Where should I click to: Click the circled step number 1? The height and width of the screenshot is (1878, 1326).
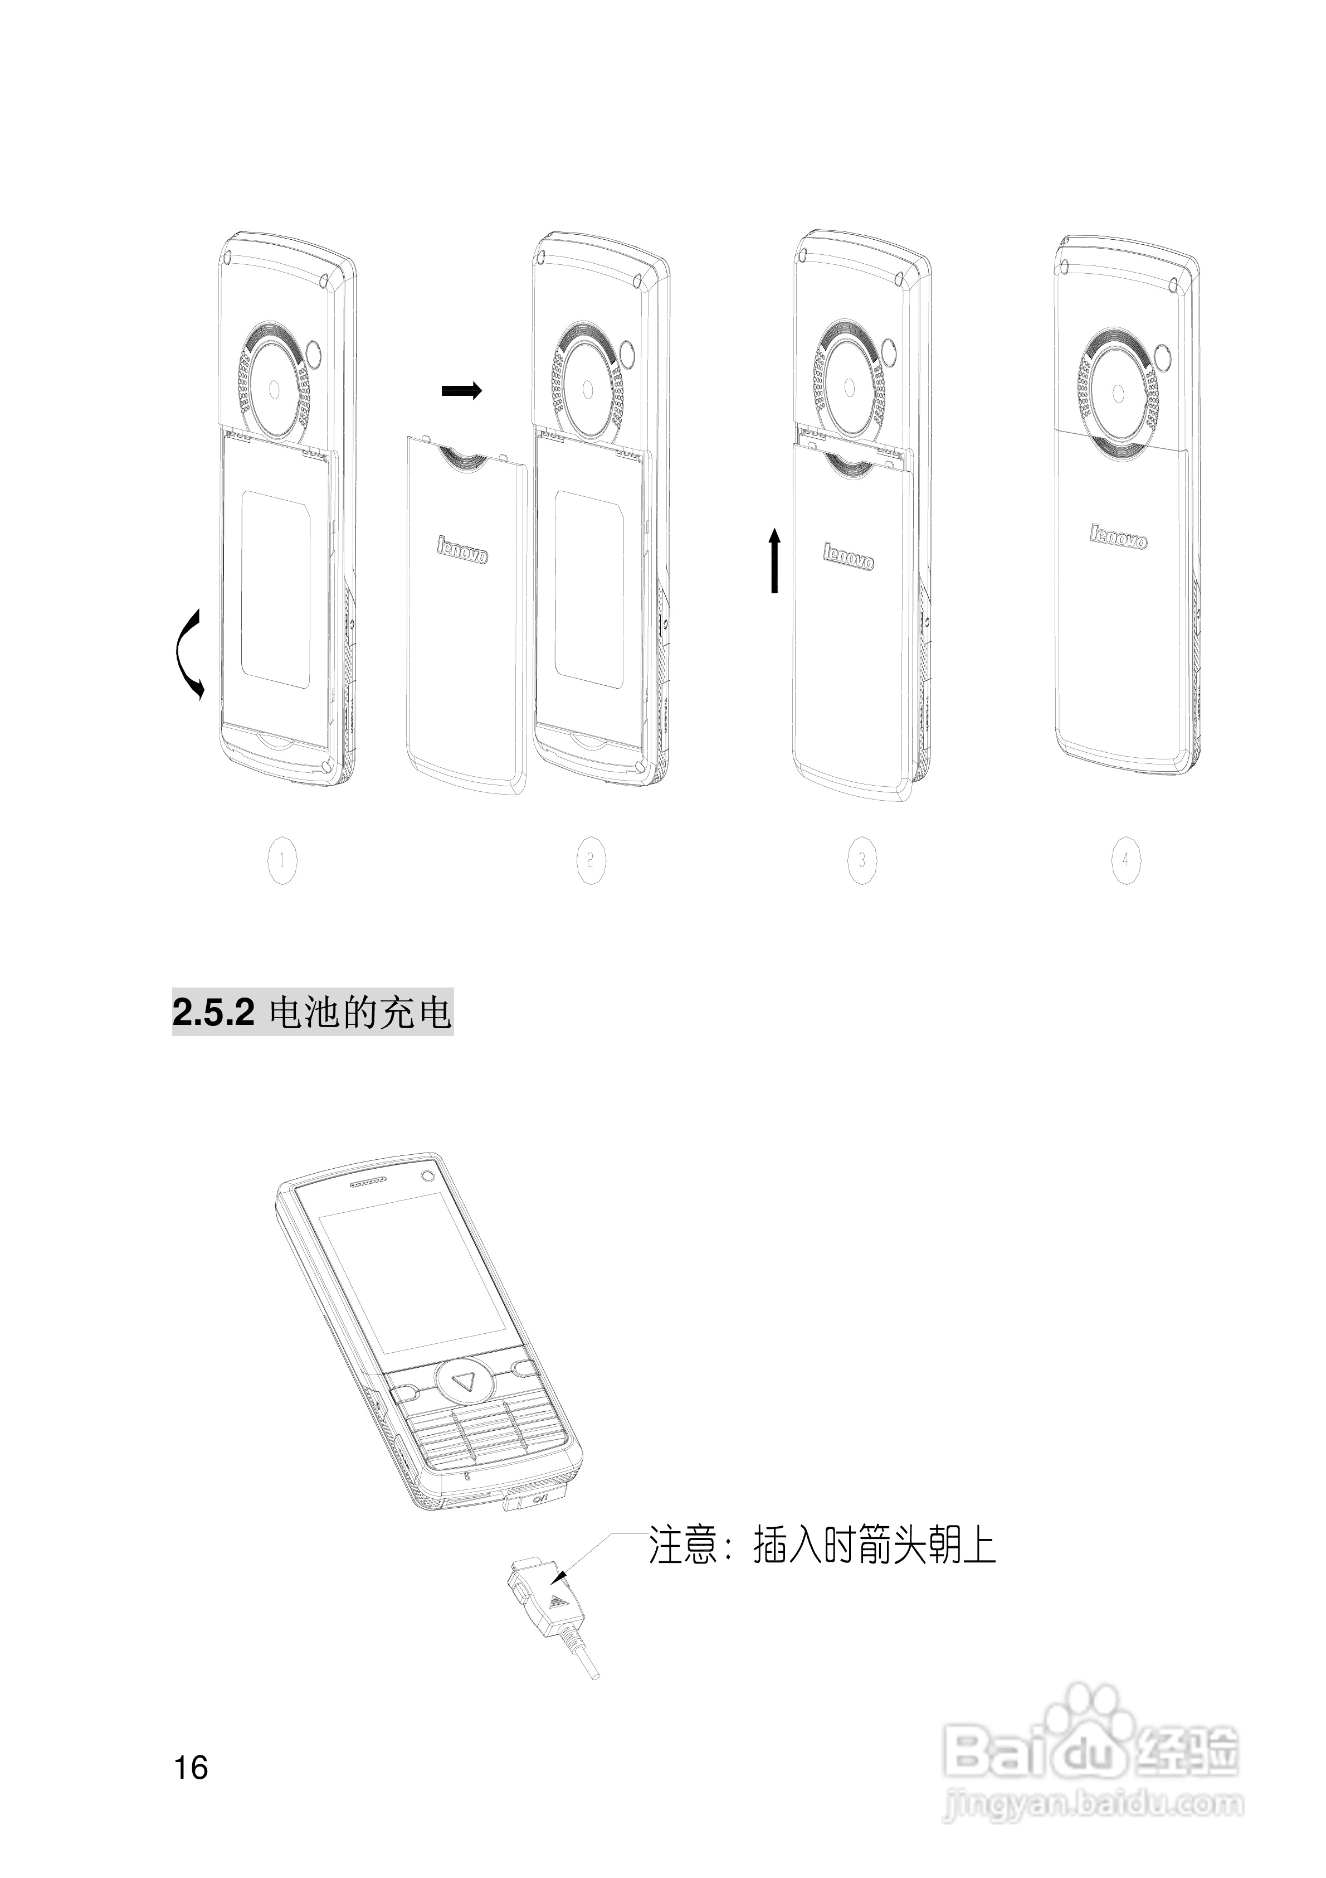coord(282,860)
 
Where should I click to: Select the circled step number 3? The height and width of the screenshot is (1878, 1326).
coord(862,860)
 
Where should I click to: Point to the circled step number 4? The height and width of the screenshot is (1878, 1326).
coord(1126,860)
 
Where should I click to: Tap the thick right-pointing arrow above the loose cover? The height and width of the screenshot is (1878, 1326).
coord(462,391)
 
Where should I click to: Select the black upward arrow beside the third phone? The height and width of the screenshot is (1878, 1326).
coord(774,560)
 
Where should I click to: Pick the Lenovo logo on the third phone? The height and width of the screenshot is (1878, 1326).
coord(849,555)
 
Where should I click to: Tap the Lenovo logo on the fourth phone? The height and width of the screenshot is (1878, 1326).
coord(1118,536)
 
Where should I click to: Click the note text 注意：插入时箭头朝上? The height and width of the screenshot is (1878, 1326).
coord(822,1545)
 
